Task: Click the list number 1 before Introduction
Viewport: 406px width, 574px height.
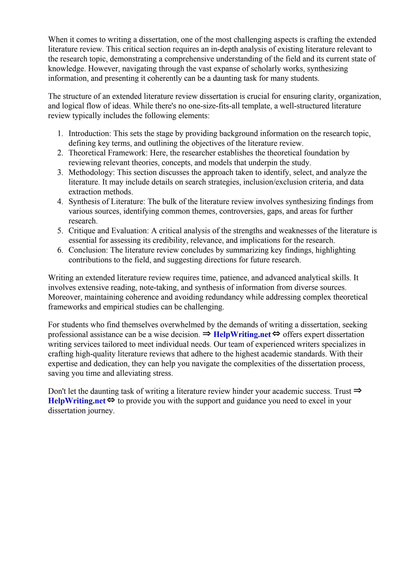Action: click(x=60, y=133)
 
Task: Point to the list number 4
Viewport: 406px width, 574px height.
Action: click(x=60, y=202)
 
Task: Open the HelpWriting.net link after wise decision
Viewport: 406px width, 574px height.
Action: click(x=242, y=334)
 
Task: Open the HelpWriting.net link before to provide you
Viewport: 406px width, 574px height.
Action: click(x=77, y=401)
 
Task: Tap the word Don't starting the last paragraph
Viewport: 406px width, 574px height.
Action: click(x=55, y=391)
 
